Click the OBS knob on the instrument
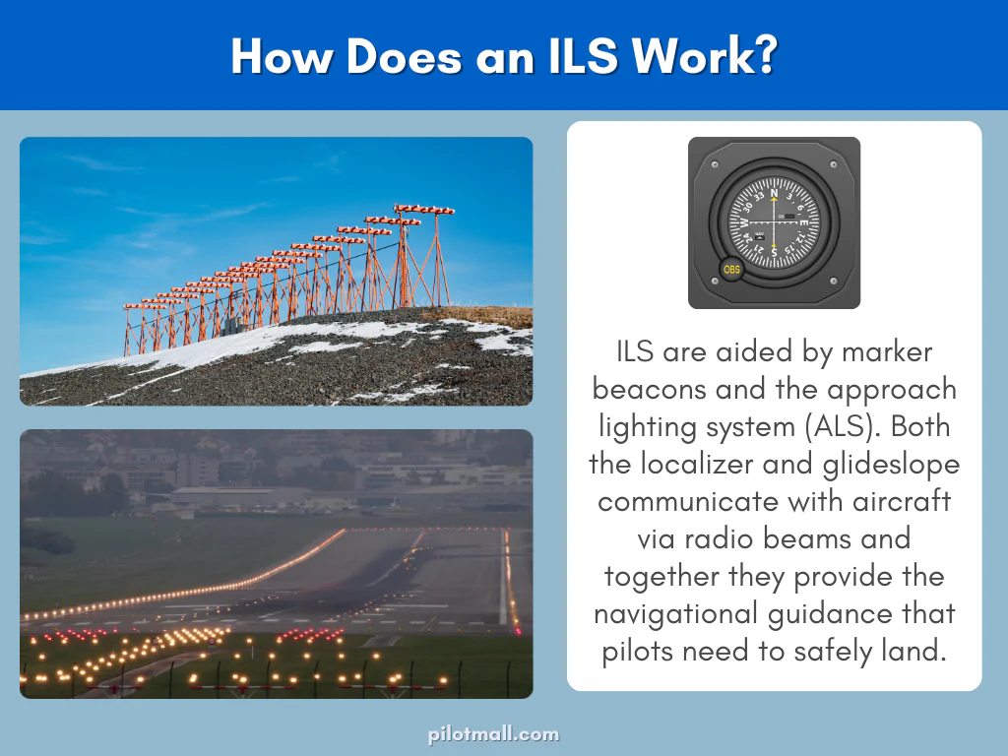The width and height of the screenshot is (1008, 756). pos(731,269)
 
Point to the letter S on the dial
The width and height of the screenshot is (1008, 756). pos(775,252)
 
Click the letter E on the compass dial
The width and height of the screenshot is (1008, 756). pos(804,222)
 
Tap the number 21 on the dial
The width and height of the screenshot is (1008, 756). pos(753,245)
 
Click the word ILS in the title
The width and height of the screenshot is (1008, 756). pos(568,57)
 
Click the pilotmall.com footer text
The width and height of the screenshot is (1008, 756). pos(493,734)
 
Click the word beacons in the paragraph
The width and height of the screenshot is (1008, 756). pos(652,389)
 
